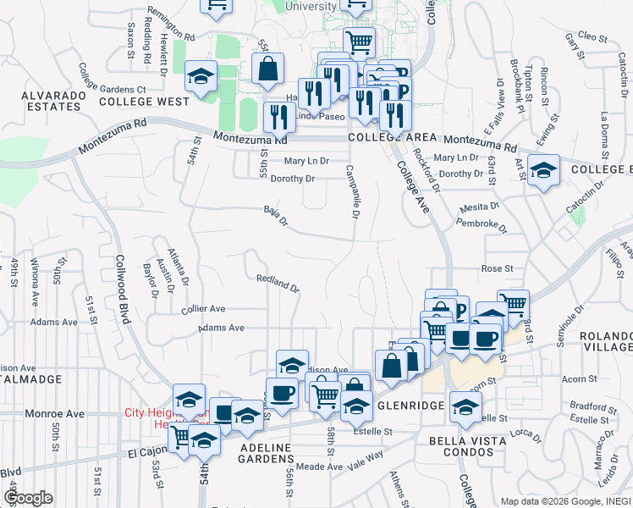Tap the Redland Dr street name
click(x=278, y=283)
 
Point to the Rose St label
click(x=497, y=268)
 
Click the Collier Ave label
click(x=203, y=309)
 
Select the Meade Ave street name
click(x=319, y=467)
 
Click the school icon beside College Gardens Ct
click(x=201, y=77)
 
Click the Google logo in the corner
click(x=28, y=498)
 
